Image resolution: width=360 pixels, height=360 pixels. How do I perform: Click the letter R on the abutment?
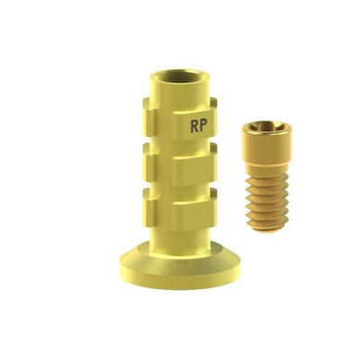point(194,126)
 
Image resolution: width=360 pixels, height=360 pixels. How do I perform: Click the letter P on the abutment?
point(203,126)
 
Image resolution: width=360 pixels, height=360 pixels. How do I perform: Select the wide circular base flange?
point(180,265)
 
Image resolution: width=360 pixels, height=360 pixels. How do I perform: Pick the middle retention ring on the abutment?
point(180,165)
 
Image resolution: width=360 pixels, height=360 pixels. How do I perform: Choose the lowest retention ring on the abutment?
point(180,210)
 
